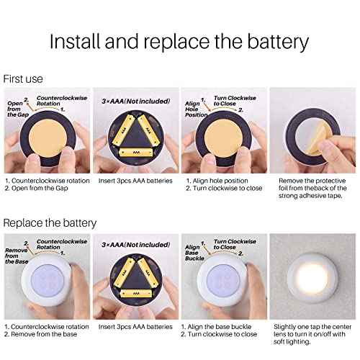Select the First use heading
pyautogui.click(x=23, y=78)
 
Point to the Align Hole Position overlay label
pyautogui.click(x=192, y=109)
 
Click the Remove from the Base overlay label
pyautogui.click(x=16, y=253)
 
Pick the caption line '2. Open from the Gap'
pyautogui.click(x=37, y=189)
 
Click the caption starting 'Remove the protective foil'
pyautogui.click(x=312, y=180)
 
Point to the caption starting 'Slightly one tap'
pyautogui.click(x=312, y=325)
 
